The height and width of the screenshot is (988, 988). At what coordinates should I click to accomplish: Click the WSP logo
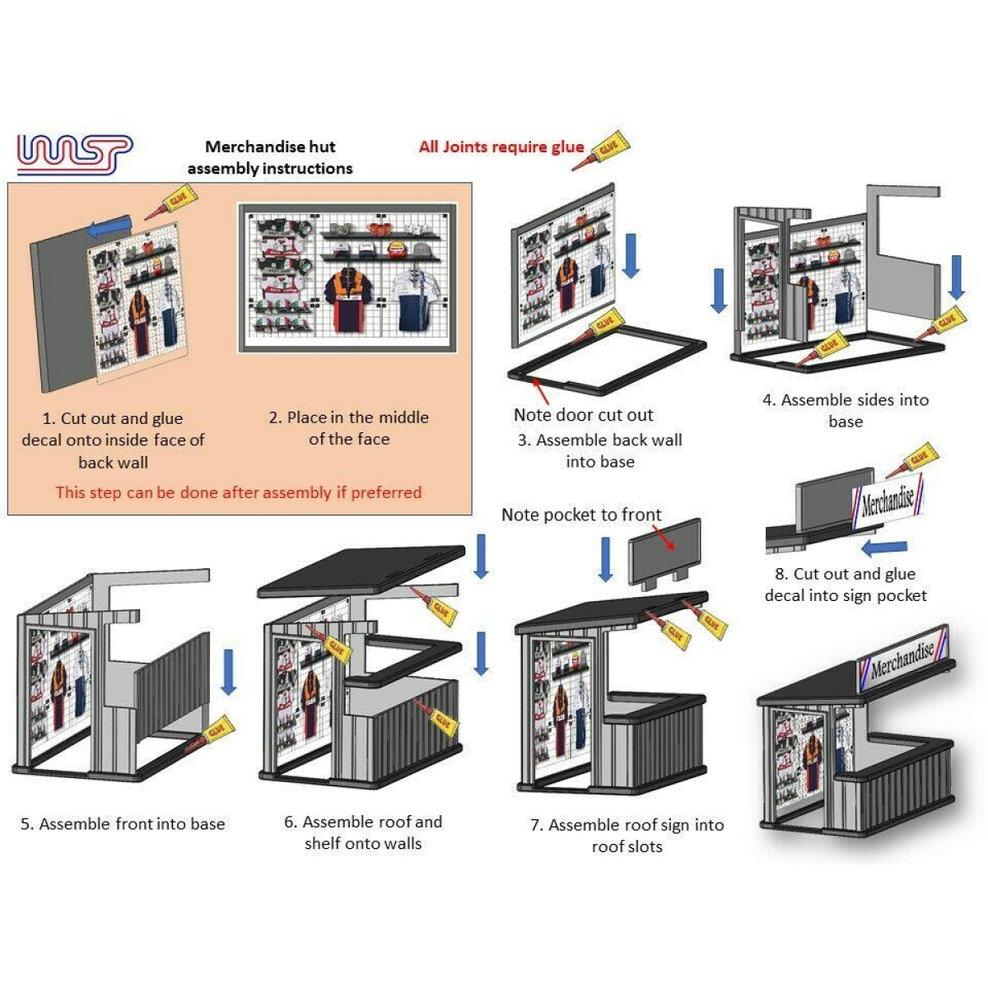click(74, 154)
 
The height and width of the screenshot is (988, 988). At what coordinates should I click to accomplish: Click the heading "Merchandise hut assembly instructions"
click(270, 157)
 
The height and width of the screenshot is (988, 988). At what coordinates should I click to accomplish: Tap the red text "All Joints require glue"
click(501, 147)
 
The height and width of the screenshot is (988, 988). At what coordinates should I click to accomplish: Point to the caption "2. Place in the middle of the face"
click(348, 428)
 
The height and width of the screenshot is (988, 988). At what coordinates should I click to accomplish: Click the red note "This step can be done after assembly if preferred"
click(238, 492)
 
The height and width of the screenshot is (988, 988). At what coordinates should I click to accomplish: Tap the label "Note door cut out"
click(583, 415)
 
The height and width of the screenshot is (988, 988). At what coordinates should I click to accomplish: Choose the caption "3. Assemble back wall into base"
click(599, 450)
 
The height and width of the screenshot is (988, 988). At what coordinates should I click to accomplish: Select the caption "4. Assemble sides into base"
click(846, 410)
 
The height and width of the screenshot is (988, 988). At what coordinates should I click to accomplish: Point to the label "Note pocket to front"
click(581, 515)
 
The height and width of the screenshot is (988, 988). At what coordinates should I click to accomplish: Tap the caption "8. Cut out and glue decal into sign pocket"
click(846, 585)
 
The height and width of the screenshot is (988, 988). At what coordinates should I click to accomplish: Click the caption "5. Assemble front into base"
click(123, 824)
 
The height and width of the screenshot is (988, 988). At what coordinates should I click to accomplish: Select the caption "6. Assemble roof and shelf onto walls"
click(363, 832)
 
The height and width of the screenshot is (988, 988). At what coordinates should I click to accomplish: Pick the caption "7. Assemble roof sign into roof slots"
click(627, 836)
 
